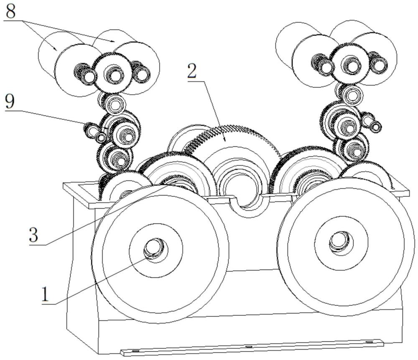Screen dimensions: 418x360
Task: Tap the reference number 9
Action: [10, 101]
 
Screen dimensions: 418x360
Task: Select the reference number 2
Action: [192, 71]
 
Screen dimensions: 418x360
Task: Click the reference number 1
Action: [46, 294]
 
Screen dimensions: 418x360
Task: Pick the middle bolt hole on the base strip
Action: [248, 347]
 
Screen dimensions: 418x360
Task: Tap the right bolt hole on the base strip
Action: [369, 342]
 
